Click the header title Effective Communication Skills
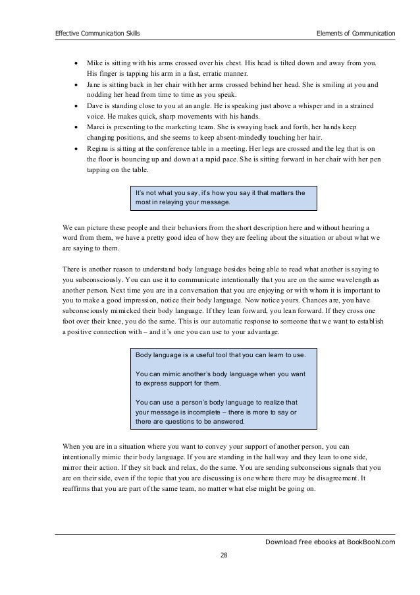pos(97,32)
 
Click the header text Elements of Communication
pos(355,32)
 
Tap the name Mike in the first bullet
pos(95,63)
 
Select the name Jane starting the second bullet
pos(95,85)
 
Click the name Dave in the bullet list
pos(96,107)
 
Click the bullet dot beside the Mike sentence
pos(76,63)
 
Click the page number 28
pos(224,555)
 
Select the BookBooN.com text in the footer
pos(371,542)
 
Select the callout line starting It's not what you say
pos(219,192)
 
